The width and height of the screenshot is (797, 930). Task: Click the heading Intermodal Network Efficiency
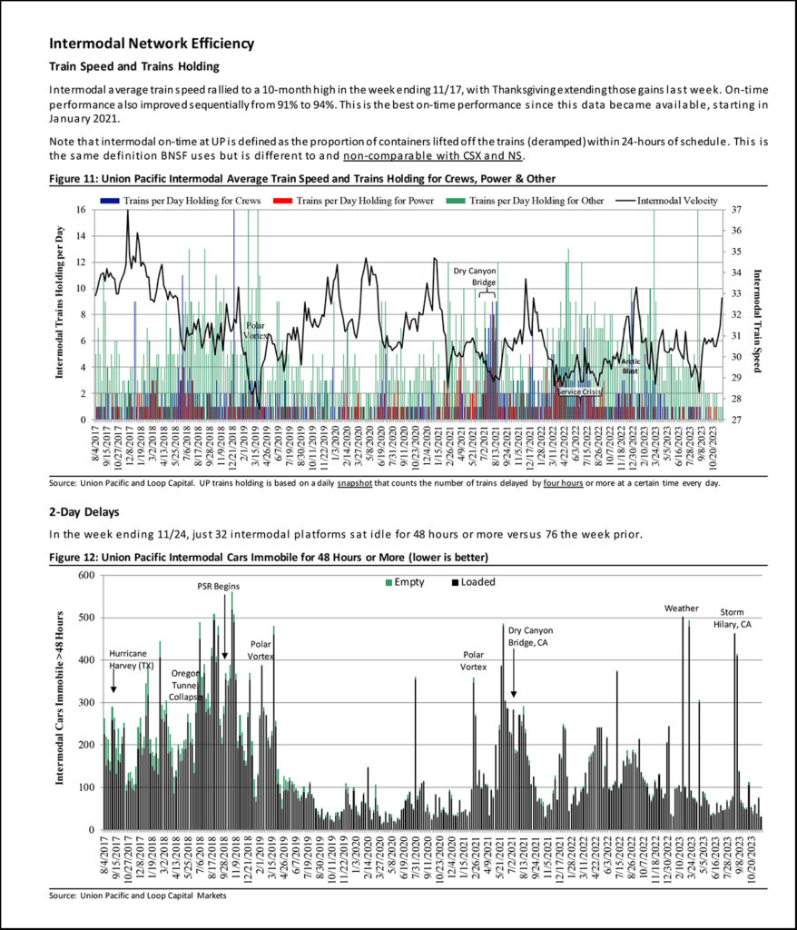[152, 44]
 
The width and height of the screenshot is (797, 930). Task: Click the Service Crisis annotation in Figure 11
[579, 391]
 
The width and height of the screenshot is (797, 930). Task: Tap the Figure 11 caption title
[301, 178]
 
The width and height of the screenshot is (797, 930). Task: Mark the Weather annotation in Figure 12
[682, 608]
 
